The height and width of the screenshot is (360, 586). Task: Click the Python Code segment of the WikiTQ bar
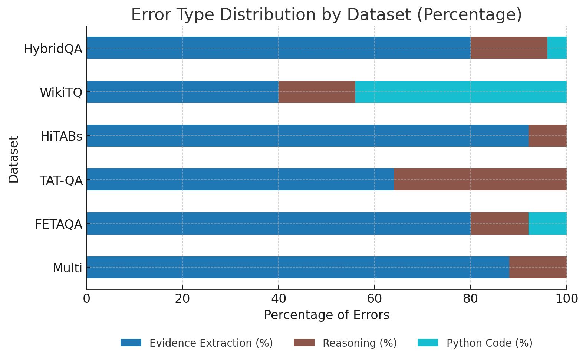[461, 92]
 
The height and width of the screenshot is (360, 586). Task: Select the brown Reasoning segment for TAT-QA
[480, 179]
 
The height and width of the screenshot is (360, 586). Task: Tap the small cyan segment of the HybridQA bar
[557, 48]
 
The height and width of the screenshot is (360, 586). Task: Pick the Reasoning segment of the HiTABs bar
[547, 135]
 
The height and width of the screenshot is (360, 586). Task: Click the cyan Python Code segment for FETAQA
[547, 223]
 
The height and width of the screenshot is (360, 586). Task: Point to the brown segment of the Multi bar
[537, 267]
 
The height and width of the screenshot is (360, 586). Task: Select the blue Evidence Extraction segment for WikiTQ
[182, 92]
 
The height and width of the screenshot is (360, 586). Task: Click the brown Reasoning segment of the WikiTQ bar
[317, 92]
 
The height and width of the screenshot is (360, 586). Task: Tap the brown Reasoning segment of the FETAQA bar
[499, 223]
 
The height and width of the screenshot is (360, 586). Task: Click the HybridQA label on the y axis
[53, 49]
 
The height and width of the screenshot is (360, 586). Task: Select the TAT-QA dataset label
[61, 180]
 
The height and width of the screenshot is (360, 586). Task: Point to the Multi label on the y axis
[67, 268]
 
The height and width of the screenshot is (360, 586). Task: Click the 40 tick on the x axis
[278, 298]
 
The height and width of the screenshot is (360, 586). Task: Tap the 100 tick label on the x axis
[566, 298]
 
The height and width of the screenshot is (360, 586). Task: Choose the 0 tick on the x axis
[86, 298]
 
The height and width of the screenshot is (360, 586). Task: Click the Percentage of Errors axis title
[326, 315]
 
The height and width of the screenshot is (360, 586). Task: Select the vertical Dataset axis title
[14, 159]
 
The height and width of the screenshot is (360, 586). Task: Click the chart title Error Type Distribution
[326, 15]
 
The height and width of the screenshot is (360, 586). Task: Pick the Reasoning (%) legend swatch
[304, 343]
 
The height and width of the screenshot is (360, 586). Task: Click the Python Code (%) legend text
[489, 343]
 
